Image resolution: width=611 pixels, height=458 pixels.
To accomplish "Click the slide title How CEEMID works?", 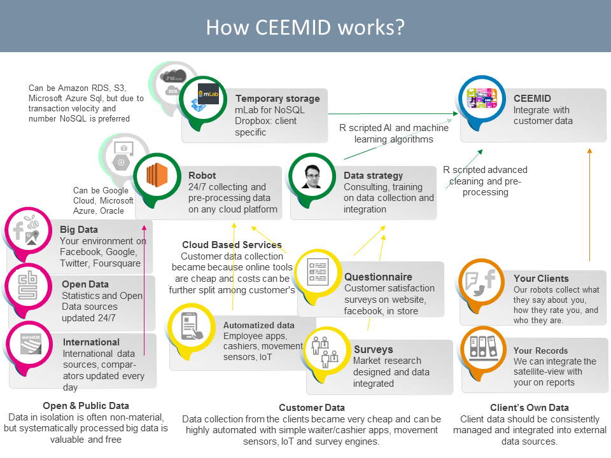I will pos(305,27).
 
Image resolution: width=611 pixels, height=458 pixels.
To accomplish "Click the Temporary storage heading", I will pos(277,99).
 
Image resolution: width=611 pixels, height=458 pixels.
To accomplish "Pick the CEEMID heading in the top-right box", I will pos(532,99).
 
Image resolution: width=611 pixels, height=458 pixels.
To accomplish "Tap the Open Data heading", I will pos(85,284).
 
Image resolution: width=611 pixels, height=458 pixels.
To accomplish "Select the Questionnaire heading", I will pos(378,277).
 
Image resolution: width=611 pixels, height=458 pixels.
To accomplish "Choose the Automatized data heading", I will pos(258,325).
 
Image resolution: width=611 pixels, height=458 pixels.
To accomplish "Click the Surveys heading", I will pos(373,349).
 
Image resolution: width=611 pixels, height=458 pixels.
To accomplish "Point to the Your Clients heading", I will pos(541,279).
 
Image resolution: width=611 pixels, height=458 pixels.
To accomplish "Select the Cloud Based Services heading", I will pos(232,245).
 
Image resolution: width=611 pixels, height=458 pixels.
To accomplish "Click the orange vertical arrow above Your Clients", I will pos(589,204).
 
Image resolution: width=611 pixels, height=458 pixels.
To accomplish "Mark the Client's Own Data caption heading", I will pos(530,408).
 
